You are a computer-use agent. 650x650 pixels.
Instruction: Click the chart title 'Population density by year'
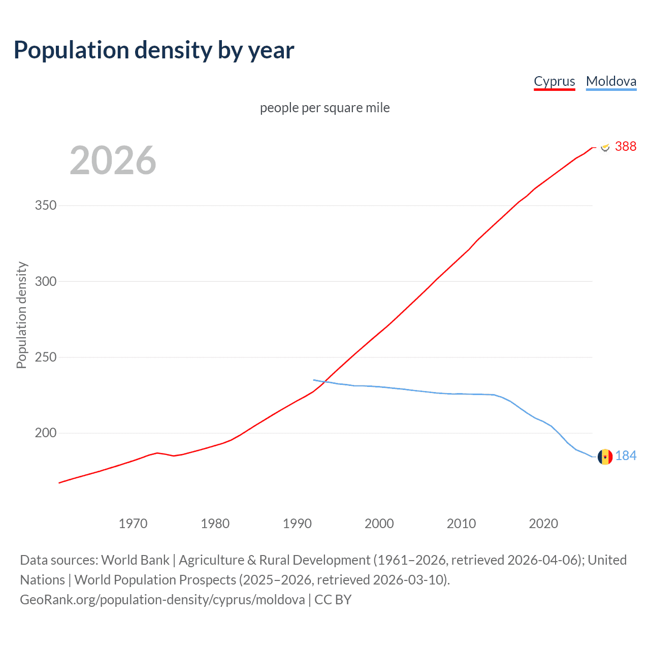[154, 50]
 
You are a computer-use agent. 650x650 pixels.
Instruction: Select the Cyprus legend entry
[554, 81]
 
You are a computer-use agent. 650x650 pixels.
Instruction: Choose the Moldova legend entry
[611, 81]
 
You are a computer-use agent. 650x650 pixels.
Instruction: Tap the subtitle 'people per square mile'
[324, 108]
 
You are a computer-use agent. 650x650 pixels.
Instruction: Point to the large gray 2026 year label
[113, 160]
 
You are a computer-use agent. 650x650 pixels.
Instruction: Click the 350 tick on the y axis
[46, 206]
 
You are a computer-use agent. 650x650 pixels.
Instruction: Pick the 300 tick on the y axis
[46, 281]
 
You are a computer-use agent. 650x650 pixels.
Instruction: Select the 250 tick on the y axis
[46, 357]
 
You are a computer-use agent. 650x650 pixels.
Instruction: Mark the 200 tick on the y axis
[46, 433]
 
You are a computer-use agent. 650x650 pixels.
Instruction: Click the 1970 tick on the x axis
[133, 524]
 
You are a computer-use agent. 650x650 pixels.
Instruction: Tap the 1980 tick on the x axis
[215, 524]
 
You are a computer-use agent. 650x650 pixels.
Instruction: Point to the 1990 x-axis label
[297, 524]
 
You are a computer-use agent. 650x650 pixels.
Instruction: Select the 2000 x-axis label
[379, 524]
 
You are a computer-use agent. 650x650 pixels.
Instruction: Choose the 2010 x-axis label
[461, 524]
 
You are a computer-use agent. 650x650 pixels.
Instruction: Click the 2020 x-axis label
[543, 524]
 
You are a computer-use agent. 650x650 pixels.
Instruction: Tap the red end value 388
[626, 146]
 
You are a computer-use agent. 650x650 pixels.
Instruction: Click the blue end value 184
[626, 456]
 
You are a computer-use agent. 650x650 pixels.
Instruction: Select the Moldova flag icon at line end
[605, 457]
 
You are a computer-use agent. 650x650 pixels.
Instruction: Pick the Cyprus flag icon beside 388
[605, 147]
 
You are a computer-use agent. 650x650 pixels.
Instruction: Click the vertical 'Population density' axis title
[21, 315]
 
